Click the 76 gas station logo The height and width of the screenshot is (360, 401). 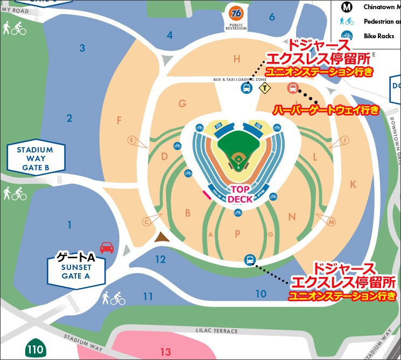pos(236,12)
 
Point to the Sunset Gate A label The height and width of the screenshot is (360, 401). pos(75,268)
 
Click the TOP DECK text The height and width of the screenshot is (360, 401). pos(238,195)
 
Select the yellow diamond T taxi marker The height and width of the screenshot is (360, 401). pos(264,88)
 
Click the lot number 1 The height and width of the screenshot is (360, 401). pos(69,224)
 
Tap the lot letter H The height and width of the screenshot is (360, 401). pos(236,59)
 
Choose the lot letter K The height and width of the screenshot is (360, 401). pos(353,184)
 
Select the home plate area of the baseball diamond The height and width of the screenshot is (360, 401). pos(237,169)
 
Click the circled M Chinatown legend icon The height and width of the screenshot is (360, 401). pos(347,8)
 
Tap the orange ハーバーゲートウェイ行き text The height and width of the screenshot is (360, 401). pos(326,110)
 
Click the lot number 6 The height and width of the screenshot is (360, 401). pos(272,17)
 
